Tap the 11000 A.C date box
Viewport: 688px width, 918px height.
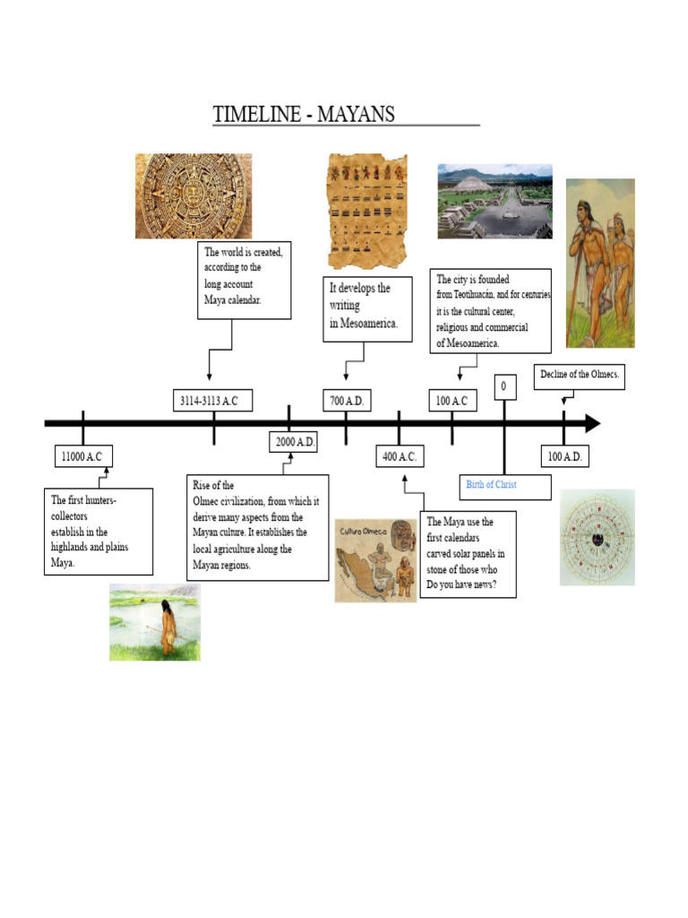[x=82, y=456]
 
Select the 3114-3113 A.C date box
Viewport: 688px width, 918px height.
[x=212, y=401]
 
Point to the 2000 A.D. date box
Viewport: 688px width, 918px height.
[x=294, y=442]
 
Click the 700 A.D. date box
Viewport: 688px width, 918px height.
[x=346, y=401]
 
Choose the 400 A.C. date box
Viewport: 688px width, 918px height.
[x=399, y=456]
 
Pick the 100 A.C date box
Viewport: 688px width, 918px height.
[x=451, y=401]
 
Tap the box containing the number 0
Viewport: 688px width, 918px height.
[x=504, y=386]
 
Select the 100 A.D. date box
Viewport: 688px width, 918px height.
[x=564, y=456]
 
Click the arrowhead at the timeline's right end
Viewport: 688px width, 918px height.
[x=593, y=424]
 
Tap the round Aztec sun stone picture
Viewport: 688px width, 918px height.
[x=193, y=195]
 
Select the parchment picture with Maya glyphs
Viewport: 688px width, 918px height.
[x=367, y=211]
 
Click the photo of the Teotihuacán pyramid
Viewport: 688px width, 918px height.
[x=494, y=201]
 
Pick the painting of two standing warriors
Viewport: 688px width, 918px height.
[x=599, y=263]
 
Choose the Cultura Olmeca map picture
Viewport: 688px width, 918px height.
[x=375, y=560]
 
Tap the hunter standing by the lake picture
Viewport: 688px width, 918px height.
[x=155, y=621]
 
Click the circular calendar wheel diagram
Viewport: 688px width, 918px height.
[x=597, y=537]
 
